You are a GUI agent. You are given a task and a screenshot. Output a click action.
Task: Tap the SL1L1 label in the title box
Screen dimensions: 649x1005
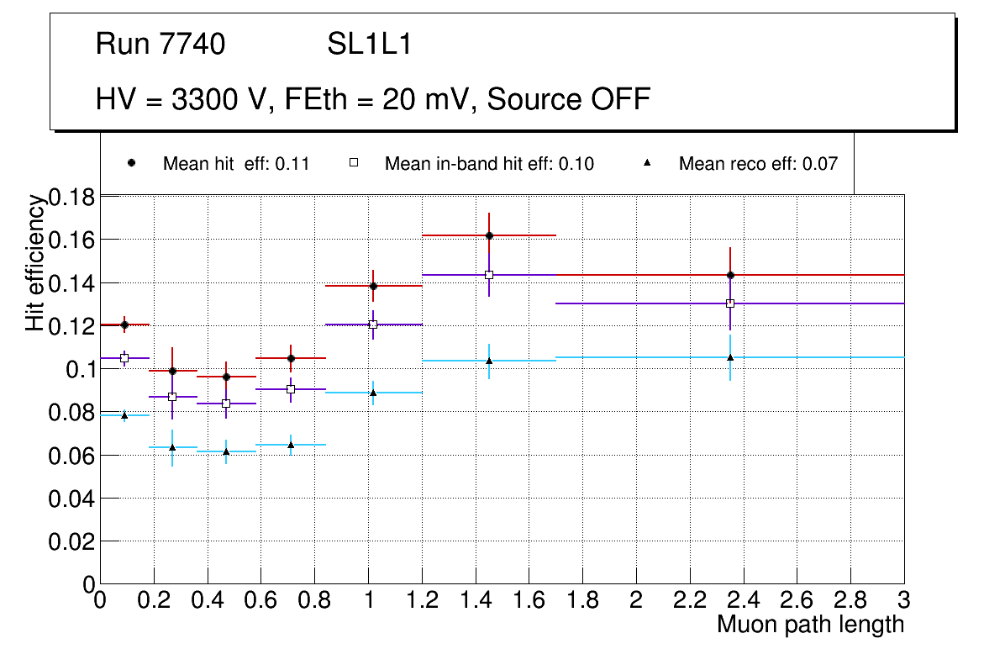pos(370,44)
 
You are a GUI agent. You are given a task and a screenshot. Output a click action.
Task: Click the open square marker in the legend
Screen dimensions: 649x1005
pos(354,163)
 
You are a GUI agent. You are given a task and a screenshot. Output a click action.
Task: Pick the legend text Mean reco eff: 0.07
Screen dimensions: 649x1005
pos(758,164)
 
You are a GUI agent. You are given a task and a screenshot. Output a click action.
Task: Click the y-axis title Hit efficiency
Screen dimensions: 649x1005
pos(34,262)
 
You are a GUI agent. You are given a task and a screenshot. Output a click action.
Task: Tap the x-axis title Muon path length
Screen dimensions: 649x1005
pos(810,625)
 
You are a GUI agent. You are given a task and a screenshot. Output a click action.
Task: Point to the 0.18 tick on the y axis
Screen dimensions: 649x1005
pos(73,198)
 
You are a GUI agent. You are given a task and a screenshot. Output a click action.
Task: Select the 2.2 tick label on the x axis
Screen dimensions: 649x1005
pos(689,601)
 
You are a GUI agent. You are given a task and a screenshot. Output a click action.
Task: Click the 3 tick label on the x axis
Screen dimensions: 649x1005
pos(904,601)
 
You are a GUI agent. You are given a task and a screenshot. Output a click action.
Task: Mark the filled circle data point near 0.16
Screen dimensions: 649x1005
pos(489,235)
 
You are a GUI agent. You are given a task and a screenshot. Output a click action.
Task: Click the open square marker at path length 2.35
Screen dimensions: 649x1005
pos(730,303)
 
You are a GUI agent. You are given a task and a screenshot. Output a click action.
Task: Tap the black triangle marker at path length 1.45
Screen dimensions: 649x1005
pos(489,361)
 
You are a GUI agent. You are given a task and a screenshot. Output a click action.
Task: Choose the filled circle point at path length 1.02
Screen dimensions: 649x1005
pos(373,286)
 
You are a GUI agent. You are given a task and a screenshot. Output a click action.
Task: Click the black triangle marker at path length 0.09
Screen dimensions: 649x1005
pos(124,415)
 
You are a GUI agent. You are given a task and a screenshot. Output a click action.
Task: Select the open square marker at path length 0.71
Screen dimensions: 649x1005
pos(291,389)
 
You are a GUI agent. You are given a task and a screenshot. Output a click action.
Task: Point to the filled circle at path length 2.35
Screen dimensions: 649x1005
pos(730,275)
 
